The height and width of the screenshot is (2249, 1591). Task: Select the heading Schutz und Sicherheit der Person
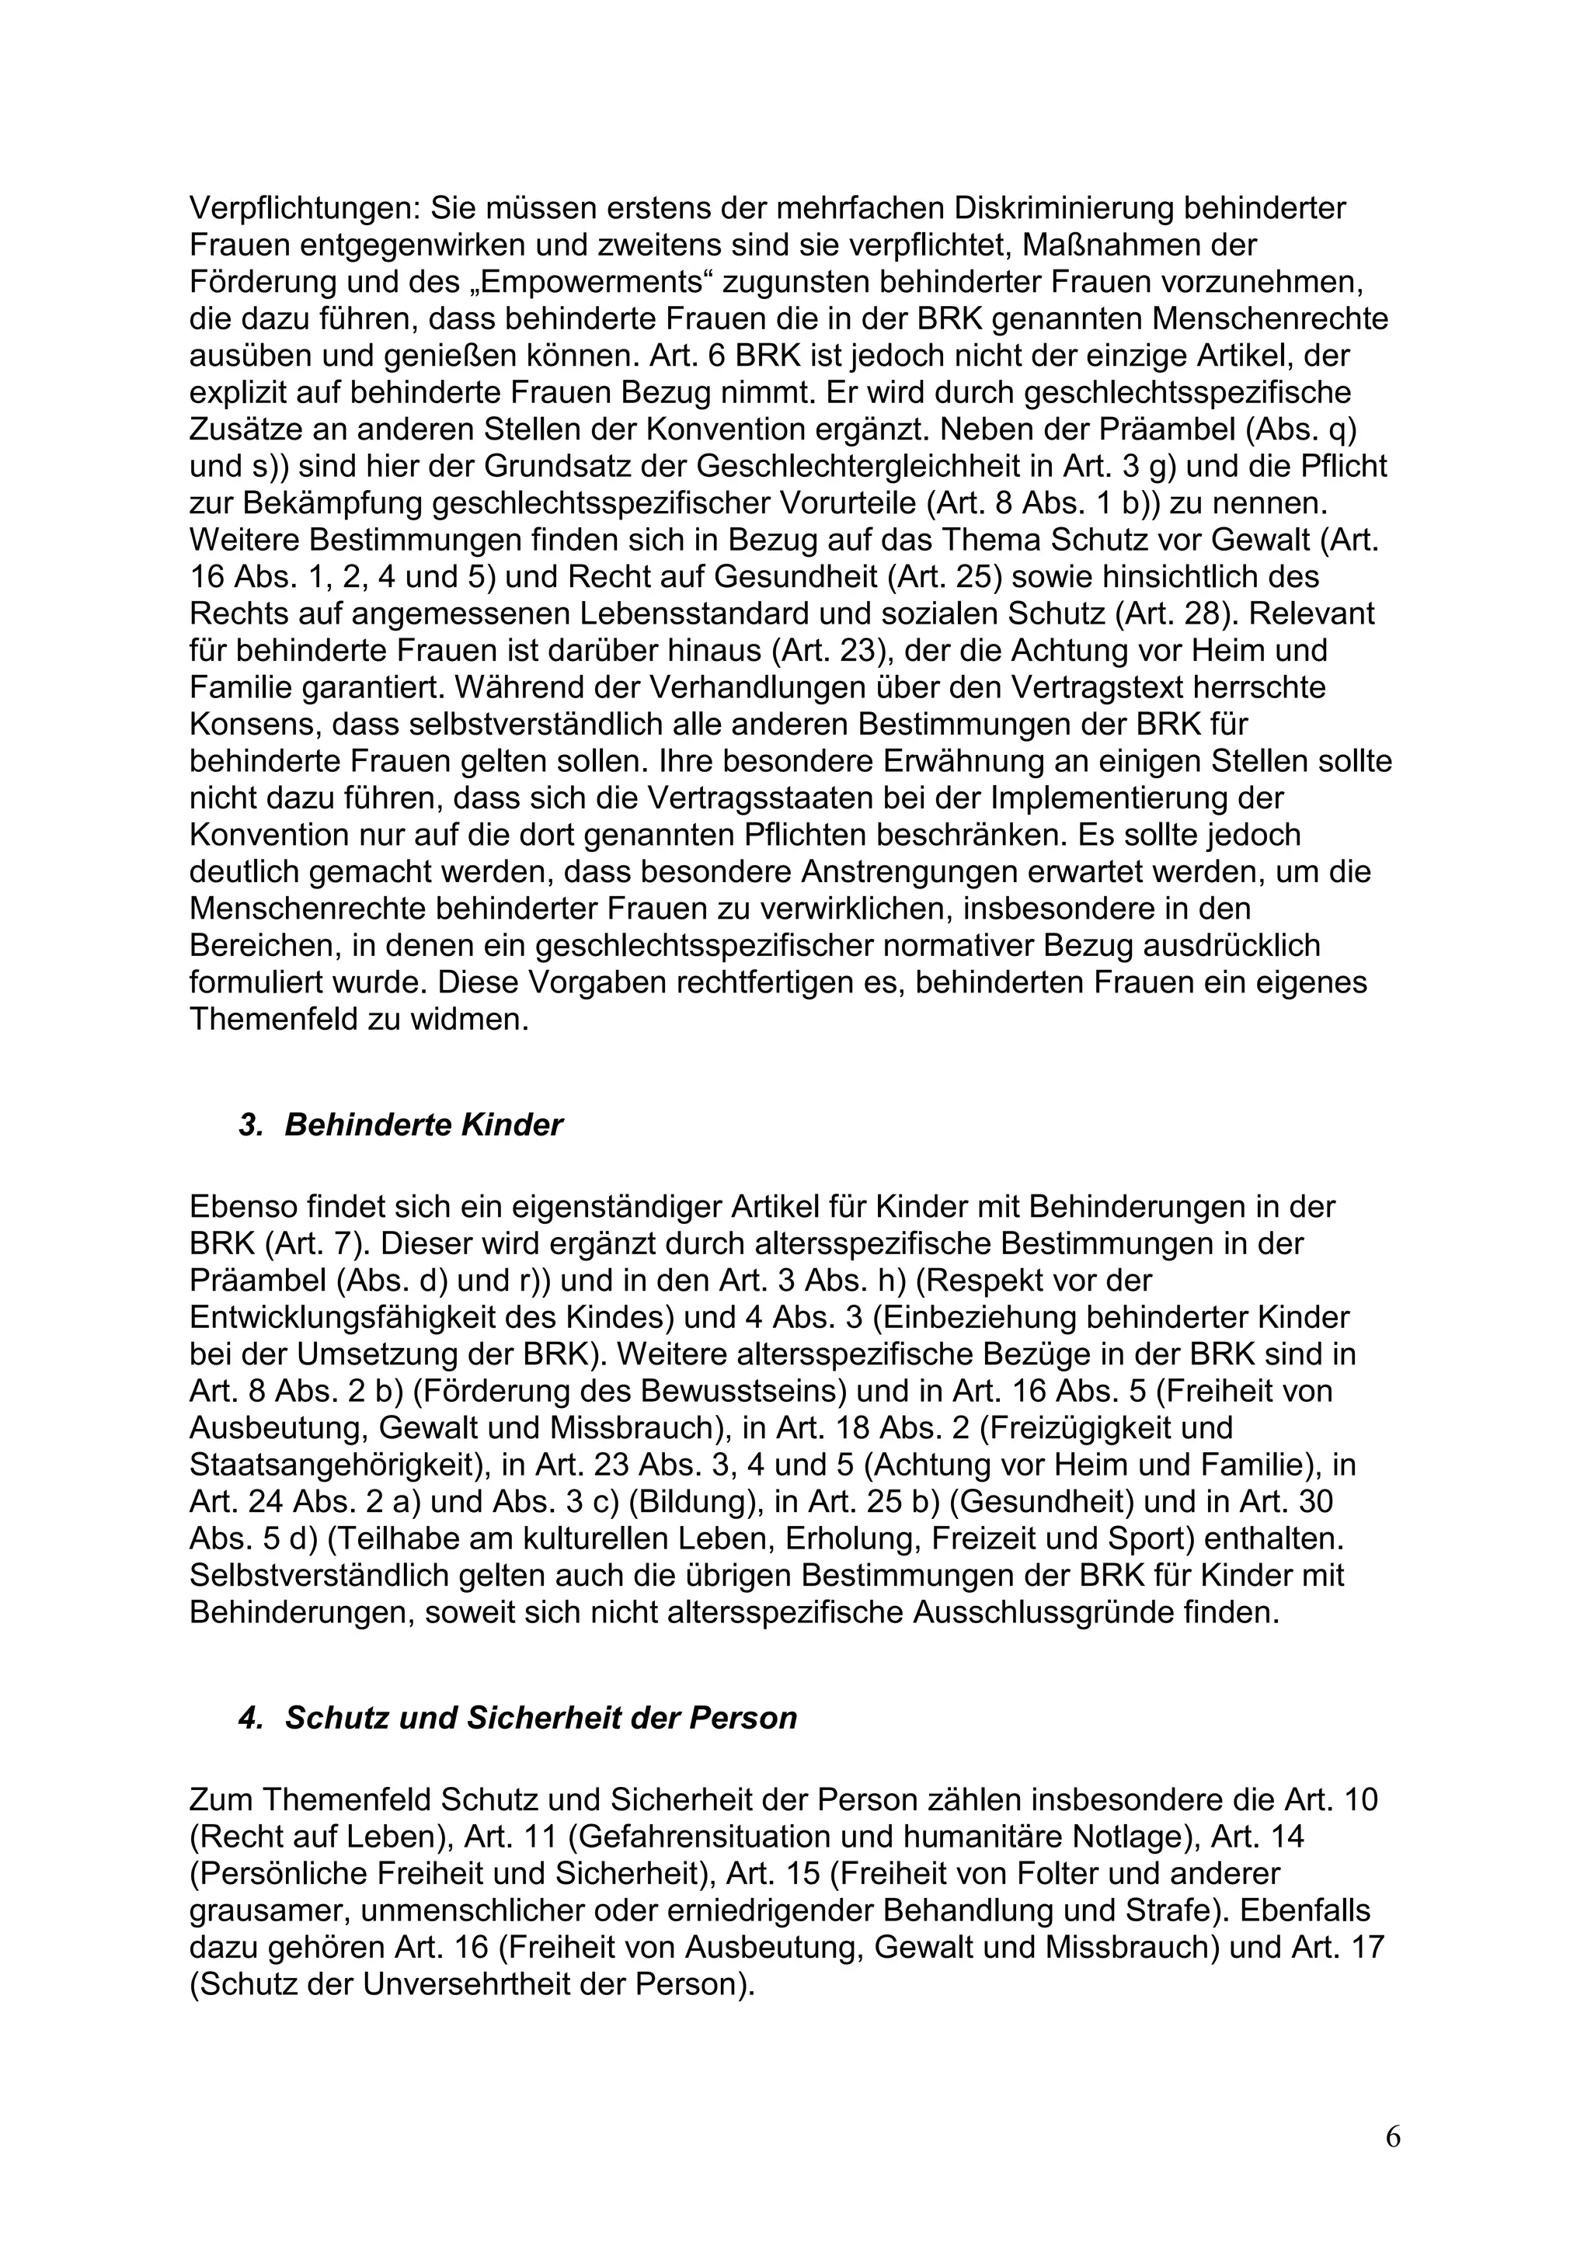pyautogui.click(x=541, y=1718)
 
